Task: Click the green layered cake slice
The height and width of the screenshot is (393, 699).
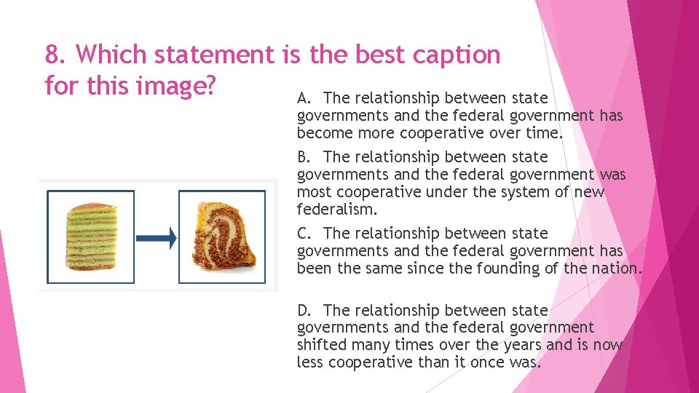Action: pos(92,237)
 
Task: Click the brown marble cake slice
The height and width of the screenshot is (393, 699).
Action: pos(222,237)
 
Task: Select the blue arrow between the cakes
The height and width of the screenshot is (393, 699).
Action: pos(157,237)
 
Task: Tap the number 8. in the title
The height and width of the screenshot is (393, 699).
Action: pos(57,55)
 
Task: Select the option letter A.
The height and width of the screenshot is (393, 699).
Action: pos(304,98)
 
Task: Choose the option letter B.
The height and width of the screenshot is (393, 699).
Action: pos(304,157)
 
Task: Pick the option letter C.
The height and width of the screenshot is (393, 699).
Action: pos(304,234)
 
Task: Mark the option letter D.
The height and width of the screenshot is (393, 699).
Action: pos(304,311)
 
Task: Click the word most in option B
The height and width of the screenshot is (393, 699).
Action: pos(313,192)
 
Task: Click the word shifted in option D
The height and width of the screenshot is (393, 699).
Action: pos(321,345)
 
